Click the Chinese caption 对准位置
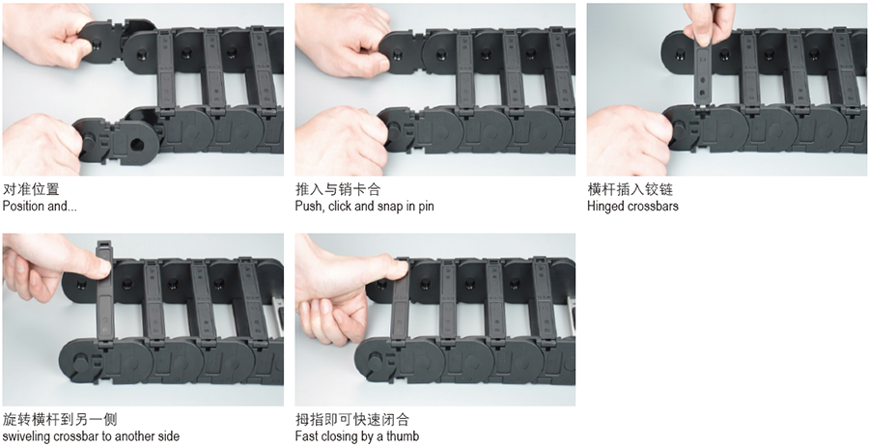click(x=31, y=189)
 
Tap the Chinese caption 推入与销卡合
click(x=338, y=189)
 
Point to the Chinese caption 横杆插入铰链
click(x=631, y=189)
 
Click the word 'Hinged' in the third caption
click(x=605, y=207)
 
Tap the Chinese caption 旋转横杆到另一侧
click(x=60, y=419)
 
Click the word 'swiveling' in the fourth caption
click(x=27, y=436)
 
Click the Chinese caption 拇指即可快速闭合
click(x=351, y=419)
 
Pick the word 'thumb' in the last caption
click(x=403, y=436)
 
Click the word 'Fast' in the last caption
click(x=306, y=436)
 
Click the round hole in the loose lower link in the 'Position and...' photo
click(x=136, y=145)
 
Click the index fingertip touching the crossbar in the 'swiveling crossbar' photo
click(x=101, y=269)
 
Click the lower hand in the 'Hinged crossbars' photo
click(x=629, y=141)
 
